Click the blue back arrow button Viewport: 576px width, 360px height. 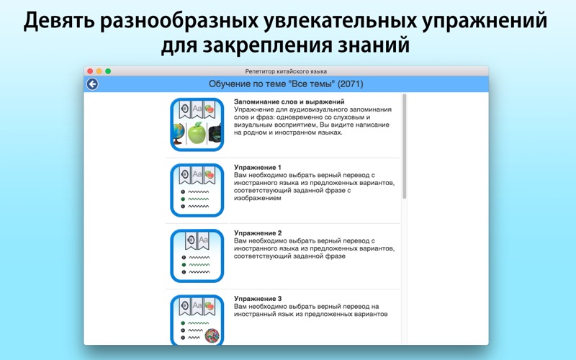point(92,84)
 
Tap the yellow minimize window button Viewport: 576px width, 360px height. point(99,71)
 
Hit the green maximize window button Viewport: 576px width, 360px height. point(108,71)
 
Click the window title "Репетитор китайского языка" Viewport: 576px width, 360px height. point(286,71)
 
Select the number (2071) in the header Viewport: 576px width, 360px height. point(350,84)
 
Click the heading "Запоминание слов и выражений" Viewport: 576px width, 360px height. point(289,102)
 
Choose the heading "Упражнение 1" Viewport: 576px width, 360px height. point(258,168)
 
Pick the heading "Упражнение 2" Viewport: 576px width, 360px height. point(258,233)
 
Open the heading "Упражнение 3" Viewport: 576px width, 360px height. point(258,299)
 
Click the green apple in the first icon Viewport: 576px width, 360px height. point(197,132)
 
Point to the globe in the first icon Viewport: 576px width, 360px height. point(179,134)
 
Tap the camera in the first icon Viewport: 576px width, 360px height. point(215,134)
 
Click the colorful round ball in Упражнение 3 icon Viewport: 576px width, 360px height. point(212,336)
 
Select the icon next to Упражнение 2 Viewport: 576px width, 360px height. point(197,256)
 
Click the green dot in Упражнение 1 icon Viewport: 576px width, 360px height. point(183,199)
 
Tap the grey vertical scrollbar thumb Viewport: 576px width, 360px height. point(405,146)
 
